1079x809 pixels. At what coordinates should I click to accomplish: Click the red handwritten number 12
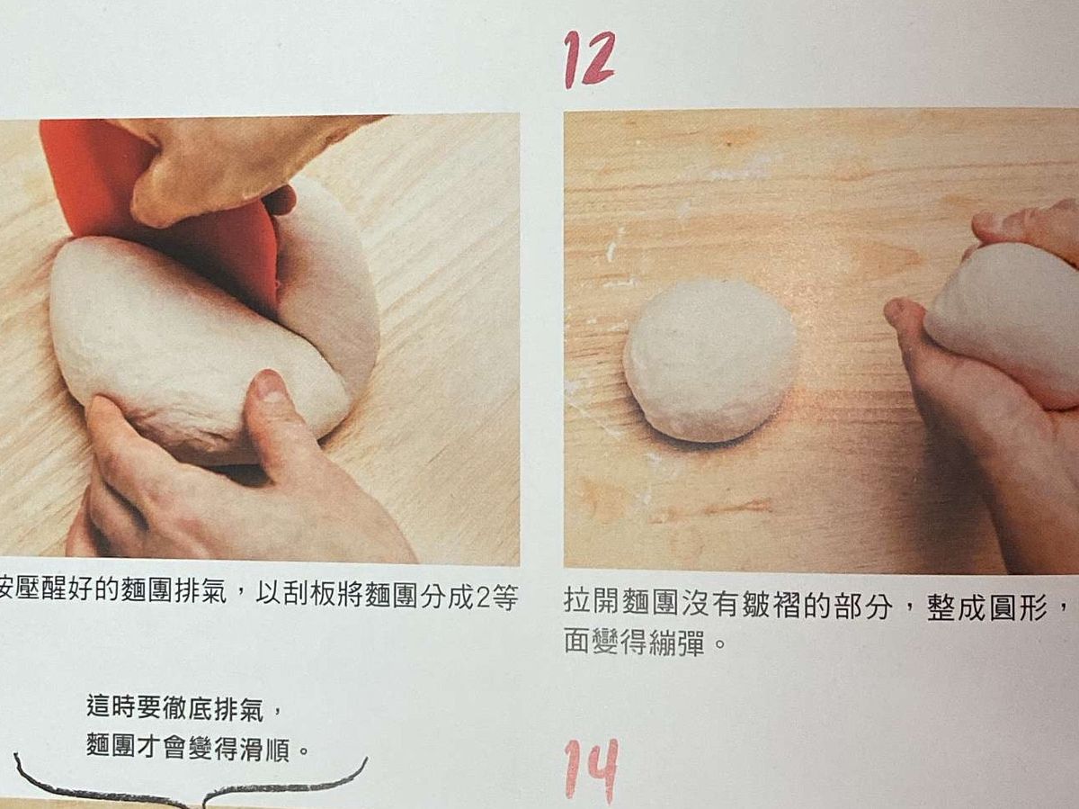click(589, 60)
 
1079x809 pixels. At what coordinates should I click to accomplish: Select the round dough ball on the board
click(709, 361)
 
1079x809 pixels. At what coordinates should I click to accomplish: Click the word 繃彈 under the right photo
click(677, 643)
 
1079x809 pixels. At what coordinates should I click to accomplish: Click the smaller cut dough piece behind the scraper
click(329, 295)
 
